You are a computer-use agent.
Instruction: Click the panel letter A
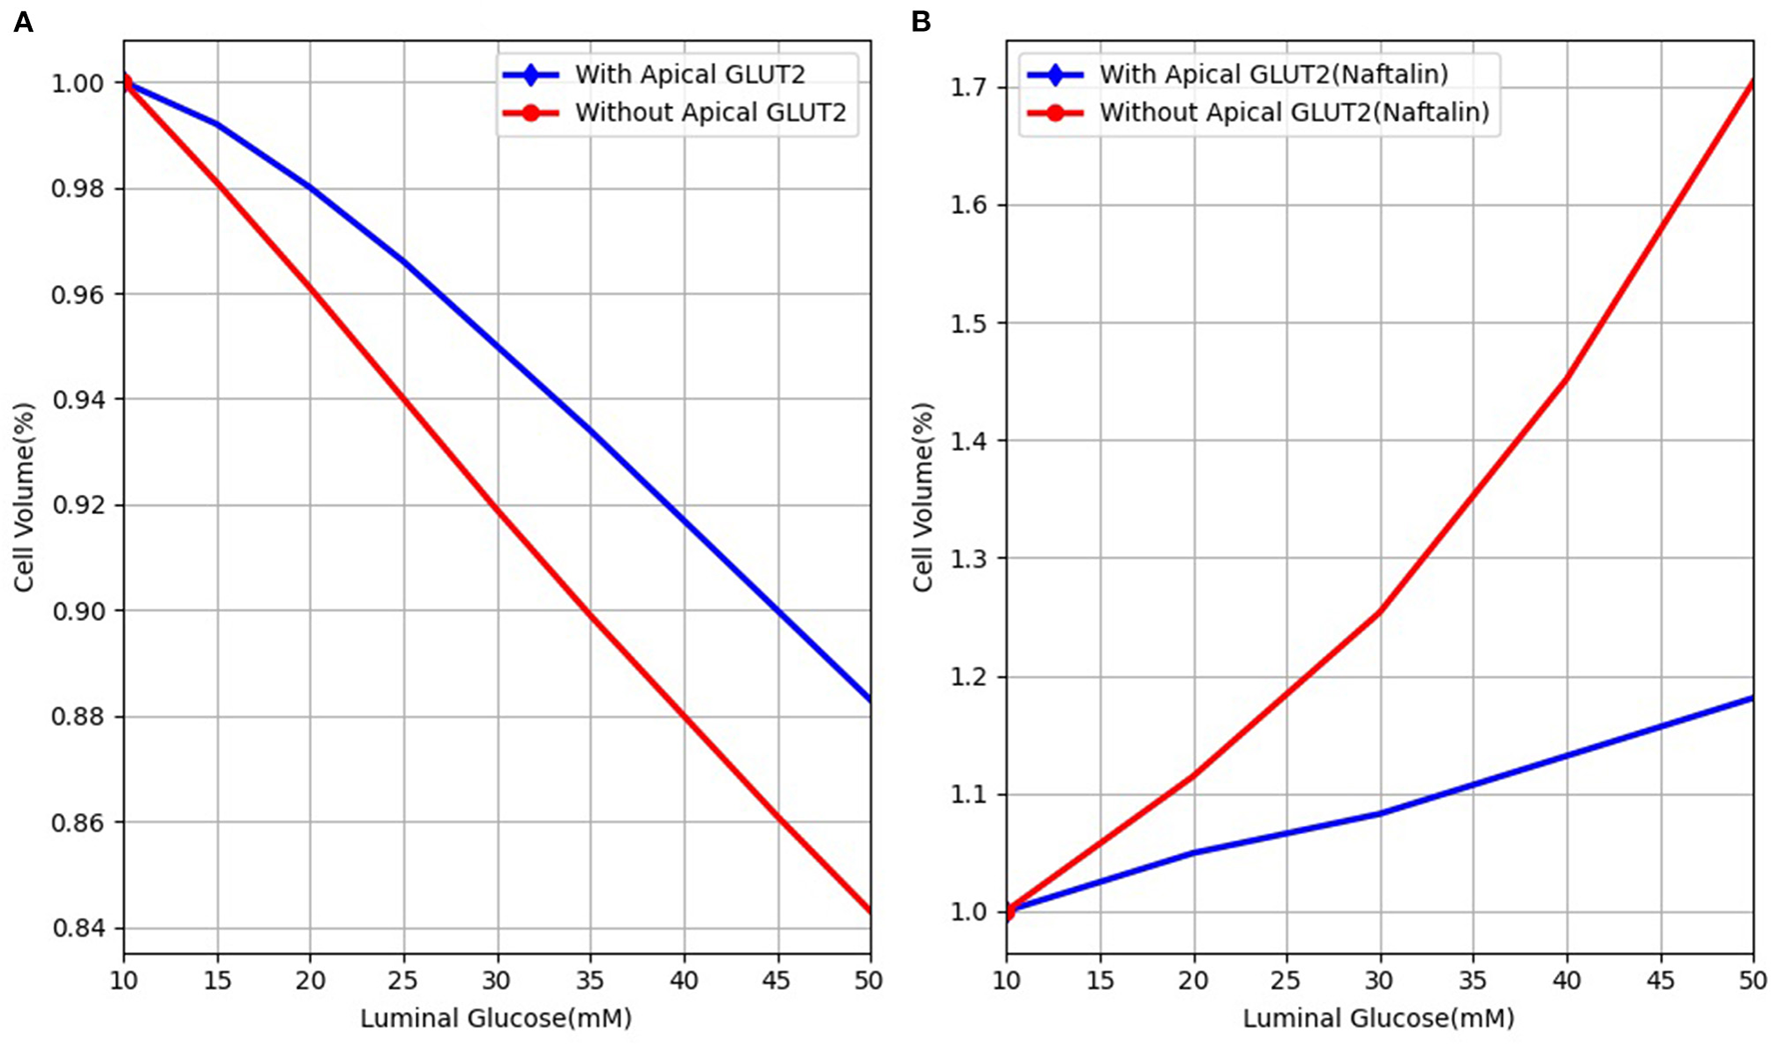[23, 22]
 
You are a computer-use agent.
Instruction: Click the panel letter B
[920, 22]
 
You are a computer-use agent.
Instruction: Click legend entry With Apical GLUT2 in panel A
[689, 74]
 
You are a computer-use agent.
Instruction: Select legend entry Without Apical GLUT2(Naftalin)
[1293, 112]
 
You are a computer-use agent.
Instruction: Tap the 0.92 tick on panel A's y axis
[78, 505]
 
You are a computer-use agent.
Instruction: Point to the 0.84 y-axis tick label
[78, 928]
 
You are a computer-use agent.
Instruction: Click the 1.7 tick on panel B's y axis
[972, 88]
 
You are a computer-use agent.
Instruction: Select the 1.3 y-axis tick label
[972, 559]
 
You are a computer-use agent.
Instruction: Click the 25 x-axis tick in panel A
[404, 981]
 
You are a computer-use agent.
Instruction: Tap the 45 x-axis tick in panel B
[1660, 981]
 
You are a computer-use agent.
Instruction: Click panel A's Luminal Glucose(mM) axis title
[496, 1019]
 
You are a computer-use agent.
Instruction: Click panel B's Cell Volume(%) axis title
[922, 497]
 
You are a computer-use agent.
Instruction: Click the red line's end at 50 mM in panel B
[1752, 82]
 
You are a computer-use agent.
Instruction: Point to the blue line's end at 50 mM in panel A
[870, 699]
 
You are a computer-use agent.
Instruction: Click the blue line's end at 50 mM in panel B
[1752, 698]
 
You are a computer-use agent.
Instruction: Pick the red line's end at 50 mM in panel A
[870, 910]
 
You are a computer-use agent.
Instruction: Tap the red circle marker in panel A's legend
[530, 113]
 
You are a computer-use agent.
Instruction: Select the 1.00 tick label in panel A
[78, 83]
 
